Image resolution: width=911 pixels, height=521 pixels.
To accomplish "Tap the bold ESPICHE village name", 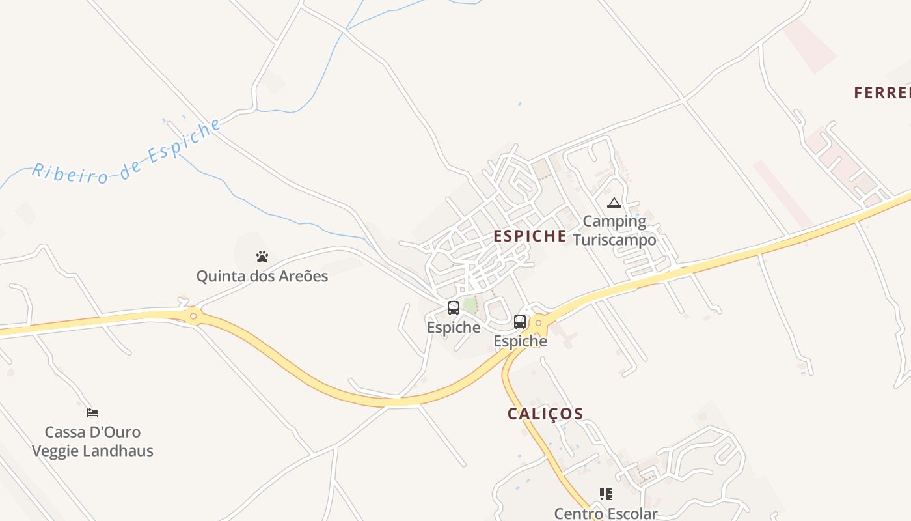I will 530,236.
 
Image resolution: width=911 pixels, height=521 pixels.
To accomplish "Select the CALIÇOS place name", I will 545,414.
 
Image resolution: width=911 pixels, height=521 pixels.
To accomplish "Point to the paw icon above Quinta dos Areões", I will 262,257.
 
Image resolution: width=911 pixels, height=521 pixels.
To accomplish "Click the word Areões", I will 303,276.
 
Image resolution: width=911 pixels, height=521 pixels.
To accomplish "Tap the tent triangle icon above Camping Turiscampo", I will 614,203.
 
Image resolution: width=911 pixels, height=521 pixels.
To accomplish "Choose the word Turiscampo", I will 614,240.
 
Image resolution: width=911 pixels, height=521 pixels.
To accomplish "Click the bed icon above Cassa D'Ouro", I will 92,413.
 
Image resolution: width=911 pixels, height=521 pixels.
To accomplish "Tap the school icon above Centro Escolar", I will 606,494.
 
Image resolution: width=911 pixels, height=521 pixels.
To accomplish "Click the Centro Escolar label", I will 606,513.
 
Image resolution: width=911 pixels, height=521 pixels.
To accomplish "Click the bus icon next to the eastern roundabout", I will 520,321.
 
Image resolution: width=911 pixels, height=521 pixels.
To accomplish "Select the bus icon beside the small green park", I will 454,308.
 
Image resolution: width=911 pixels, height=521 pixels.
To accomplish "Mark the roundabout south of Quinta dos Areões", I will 193,317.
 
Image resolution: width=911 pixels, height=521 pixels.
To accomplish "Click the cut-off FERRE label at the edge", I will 882,93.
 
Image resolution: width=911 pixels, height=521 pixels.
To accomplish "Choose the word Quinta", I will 217,276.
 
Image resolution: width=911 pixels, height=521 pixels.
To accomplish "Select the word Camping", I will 614,221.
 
